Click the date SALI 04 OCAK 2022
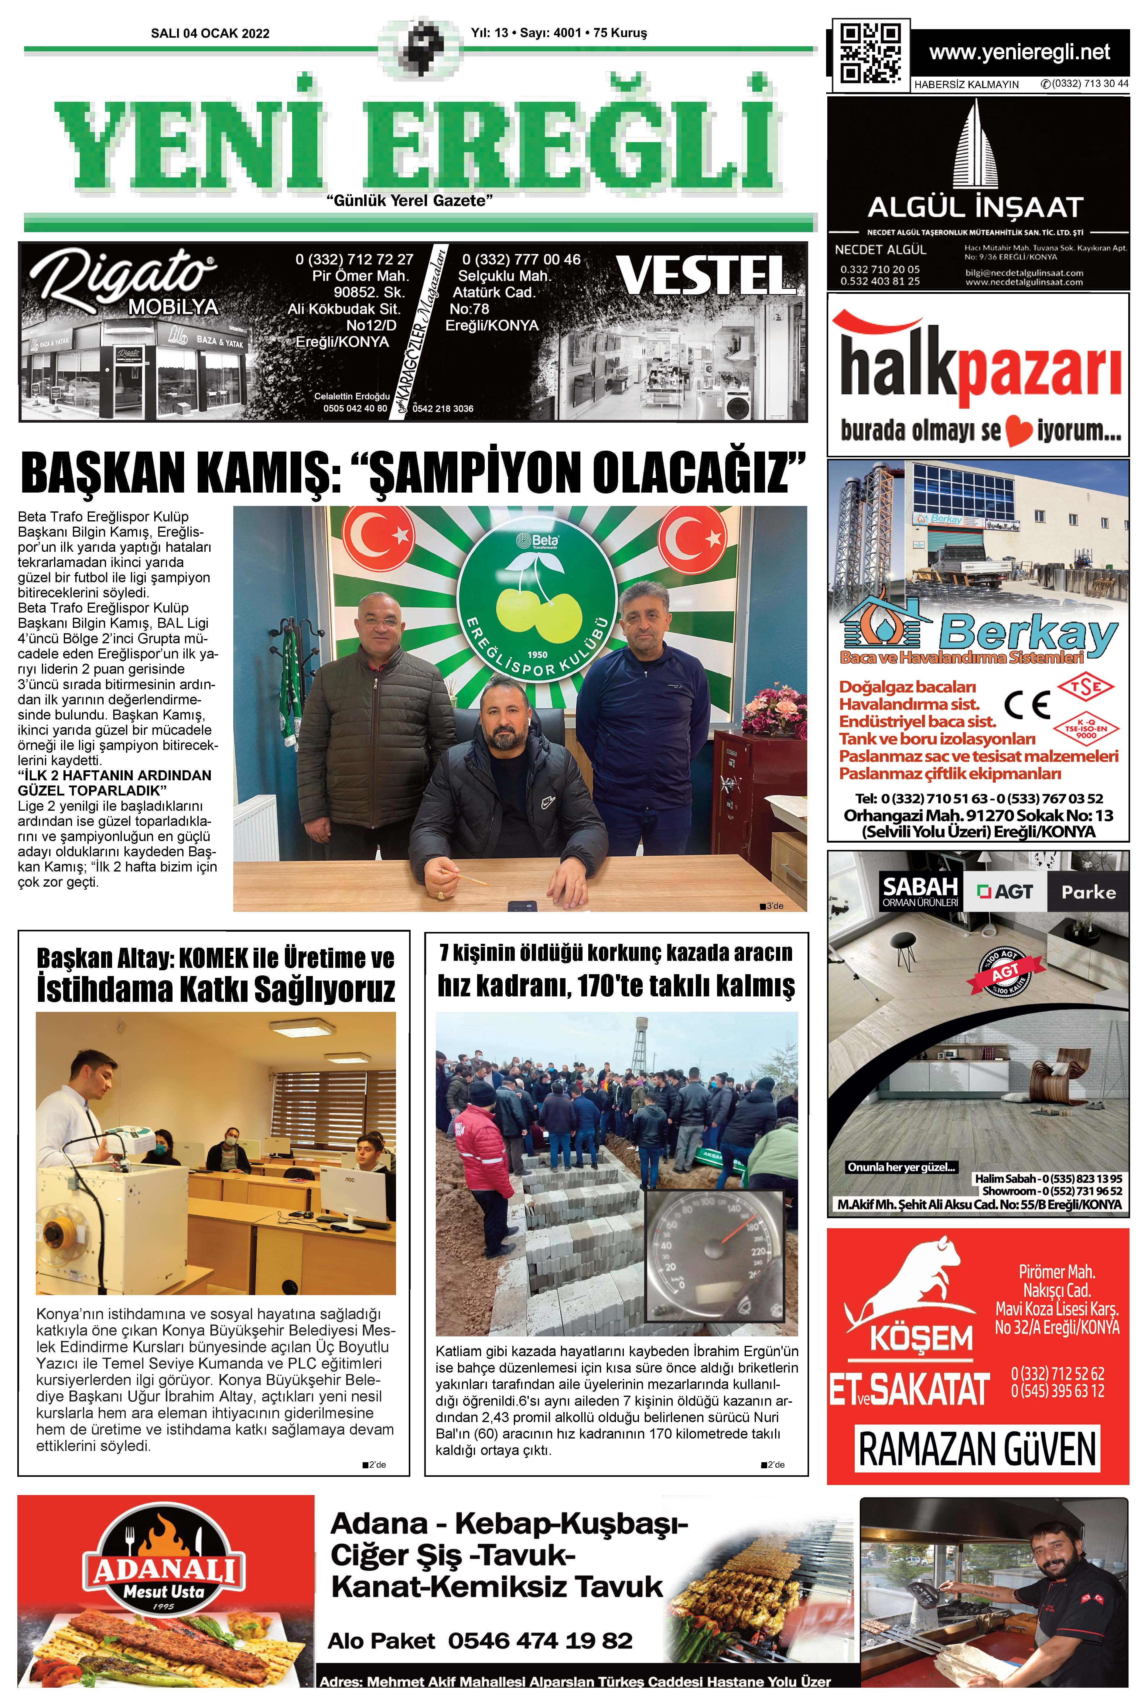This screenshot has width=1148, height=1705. click(210, 33)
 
